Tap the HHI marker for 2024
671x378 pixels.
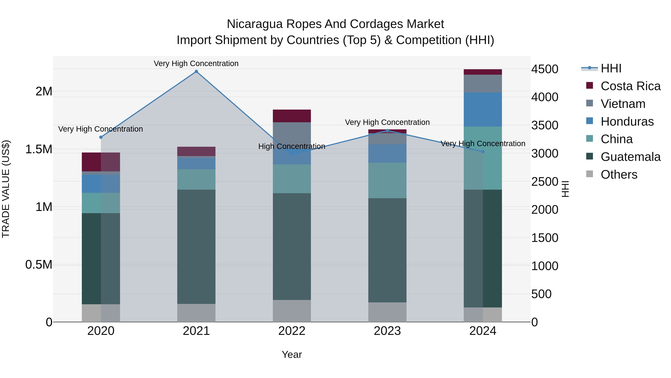click(x=483, y=152)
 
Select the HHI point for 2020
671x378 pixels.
click(x=101, y=137)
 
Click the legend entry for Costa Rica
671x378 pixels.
click(x=630, y=86)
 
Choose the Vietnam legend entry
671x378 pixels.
click(x=623, y=104)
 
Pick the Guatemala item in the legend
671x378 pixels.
click(x=630, y=157)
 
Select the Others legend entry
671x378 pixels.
click(x=619, y=175)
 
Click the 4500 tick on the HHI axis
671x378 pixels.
click(x=545, y=69)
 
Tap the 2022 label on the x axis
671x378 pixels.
click(x=292, y=331)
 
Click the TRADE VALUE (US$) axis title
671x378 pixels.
click(x=6, y=189)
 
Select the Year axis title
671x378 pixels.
click(x=292, y=354)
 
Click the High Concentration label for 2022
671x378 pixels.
click(x=292, y=146)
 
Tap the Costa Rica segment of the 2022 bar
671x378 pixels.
click(x=292, y=116)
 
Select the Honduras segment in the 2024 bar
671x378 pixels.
click(x=483, y=110)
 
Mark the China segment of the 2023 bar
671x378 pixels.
click(x=387, y=181)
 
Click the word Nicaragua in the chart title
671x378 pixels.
click(x=254, y=24)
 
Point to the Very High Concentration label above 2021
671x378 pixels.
click(x=196, y=63)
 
